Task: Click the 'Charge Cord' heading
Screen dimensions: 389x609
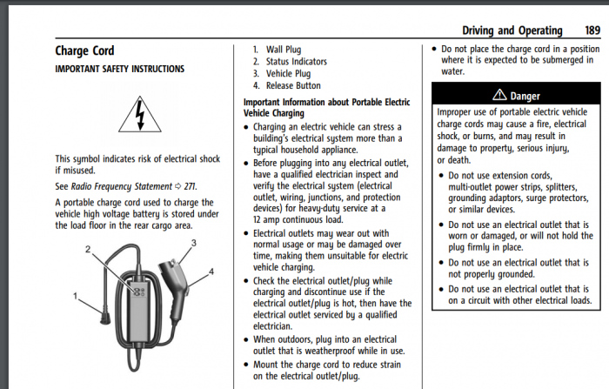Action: (84, 51)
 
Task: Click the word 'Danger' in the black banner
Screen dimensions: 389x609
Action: (525, 95)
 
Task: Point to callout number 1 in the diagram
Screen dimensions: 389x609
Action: (76, 298)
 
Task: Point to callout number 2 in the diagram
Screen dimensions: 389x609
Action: (89, 251)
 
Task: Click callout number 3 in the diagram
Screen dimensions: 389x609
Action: (193, 242)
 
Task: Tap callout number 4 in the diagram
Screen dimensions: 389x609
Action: (211, 272)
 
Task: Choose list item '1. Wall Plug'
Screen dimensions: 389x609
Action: (278, 50)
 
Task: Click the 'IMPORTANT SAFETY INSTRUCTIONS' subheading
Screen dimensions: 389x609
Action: (119, 68)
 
